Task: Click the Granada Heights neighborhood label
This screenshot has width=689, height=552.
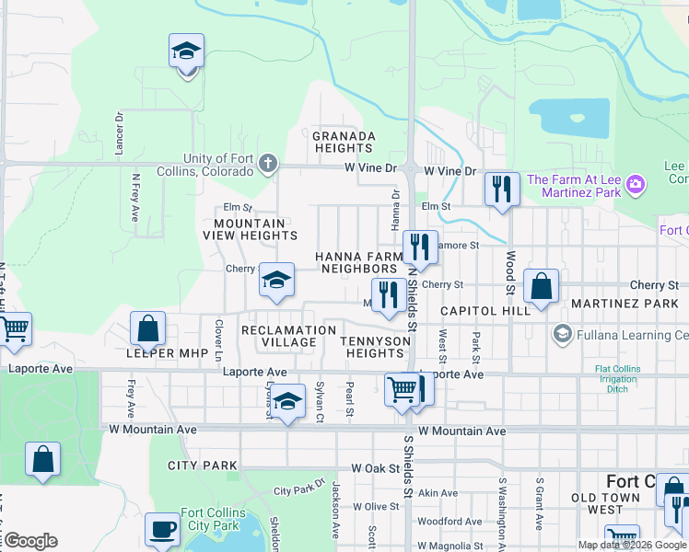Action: tap(344, 142)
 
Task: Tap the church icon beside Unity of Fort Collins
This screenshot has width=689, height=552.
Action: tap(267, 165)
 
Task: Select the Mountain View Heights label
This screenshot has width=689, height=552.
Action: tap(250, 229)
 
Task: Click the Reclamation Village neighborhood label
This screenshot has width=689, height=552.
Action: tap(288, 336)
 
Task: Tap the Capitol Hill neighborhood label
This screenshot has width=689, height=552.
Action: tap(485, 311)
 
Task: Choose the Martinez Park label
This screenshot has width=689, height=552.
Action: tap(625, 304)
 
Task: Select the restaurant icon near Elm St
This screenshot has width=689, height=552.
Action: tap(502, 190)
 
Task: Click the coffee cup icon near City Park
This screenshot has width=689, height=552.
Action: tap(163, 529)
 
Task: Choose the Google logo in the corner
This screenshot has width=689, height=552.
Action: tap(29, 541)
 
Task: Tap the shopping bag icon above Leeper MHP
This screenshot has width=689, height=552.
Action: tap(147, 328)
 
